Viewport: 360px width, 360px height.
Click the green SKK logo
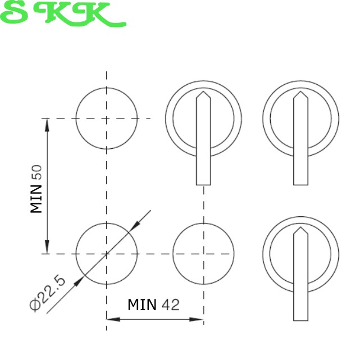coord(63,14)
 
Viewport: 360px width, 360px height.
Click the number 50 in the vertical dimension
coord(37,172)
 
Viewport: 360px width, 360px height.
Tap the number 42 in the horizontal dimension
coord(170,305)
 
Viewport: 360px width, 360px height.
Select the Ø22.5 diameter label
coord(48,294)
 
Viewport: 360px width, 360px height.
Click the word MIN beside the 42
coord(142,304)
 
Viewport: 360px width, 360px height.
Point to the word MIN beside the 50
coord(37,199)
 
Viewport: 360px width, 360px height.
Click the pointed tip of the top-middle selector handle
coord(203,92)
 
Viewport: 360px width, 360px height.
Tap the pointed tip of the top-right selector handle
coord(301,92)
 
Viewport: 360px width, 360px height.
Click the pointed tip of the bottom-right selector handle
coord(301,227)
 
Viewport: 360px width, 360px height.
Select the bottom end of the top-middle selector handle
coord(203,185)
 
